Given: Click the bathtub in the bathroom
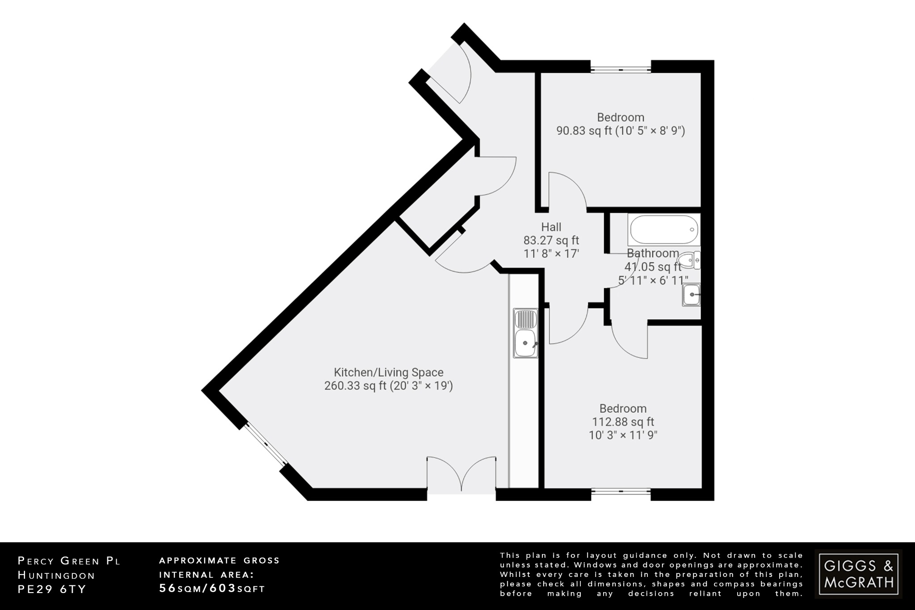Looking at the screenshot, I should click(x=663, y=229).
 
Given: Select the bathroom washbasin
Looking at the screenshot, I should click(x=691, y=295).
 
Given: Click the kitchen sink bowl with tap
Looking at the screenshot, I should click(x=526, y=344).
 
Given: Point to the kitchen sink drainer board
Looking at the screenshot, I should click(x=526, y=319).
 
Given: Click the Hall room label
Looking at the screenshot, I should click(x=551, y=227).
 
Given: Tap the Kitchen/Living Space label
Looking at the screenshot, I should click(x=388, y=372).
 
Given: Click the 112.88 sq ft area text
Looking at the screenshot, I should click(x=623, y=422).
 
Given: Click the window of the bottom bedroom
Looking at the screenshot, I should click(x=621, y=492).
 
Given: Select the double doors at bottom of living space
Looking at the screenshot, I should click(x=461, y=475).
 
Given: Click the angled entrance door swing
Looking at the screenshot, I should click(x=449, y=74).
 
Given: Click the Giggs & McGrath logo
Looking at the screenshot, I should click(x=858, y=574).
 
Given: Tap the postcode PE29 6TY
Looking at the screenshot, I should click(x=51, y=589).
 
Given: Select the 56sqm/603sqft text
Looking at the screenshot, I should click(x=212, y=589).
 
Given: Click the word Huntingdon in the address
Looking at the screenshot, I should click(x=56, y=575).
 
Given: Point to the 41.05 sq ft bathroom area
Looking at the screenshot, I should click(x=652, y=267).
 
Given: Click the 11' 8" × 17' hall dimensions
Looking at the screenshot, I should click(x=551, y=254).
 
